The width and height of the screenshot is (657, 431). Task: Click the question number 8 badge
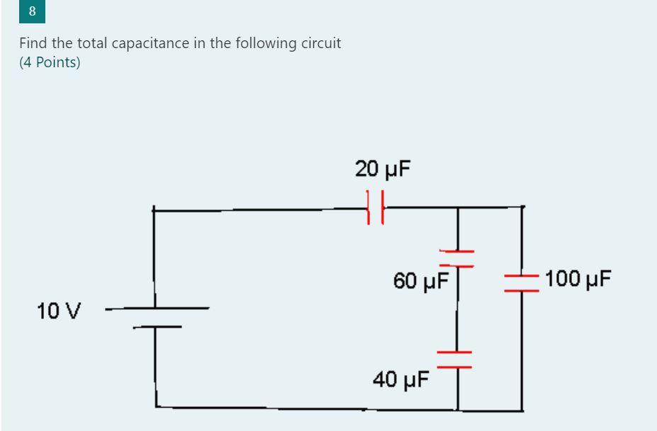[32, 12]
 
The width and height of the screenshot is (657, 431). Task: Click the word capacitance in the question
[145, 43]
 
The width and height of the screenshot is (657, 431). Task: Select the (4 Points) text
[50, 62]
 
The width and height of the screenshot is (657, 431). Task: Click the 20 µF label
[383, 169]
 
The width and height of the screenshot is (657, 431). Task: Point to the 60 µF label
[421, 281]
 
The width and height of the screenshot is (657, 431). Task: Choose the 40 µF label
[401, 380]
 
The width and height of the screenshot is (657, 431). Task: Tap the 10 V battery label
[60, 310]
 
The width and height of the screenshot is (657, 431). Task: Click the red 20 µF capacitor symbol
[375, 207]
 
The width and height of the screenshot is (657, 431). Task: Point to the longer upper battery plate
[158, 309]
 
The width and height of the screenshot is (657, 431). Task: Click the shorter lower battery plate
[156, 326]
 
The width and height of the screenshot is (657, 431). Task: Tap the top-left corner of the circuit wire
[154, 209]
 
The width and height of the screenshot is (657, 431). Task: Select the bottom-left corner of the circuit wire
[156, 407]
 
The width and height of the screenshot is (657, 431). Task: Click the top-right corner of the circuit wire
[522, 207]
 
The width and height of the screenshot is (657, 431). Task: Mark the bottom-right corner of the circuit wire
[523, 410]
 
